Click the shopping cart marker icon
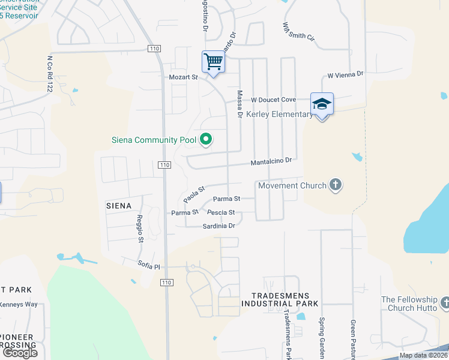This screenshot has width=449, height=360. tap(213, 61)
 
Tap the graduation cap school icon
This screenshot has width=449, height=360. tap(322, 104)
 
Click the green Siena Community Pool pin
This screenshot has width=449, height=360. tap(206, 140)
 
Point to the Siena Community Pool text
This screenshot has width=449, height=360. tap(154, 140)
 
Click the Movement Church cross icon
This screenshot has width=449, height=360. tap(336, 185)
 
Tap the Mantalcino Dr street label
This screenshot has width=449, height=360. tap(271, 161)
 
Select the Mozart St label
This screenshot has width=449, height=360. tap(182, 77)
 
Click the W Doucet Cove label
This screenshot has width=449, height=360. tap(273, 100)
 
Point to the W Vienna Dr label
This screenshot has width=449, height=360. tap(345, 74)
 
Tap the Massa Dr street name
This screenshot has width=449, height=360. tap(239, 104)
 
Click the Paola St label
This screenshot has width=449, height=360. tap(194, 193)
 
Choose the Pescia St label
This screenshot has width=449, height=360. tap(220, 212)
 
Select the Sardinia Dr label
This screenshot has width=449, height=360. tap(218, 226)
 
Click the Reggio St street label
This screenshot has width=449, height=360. tap(140, 228)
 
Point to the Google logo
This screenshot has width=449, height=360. tap(19, 353)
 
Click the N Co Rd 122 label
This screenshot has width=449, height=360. tap(50, 74)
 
